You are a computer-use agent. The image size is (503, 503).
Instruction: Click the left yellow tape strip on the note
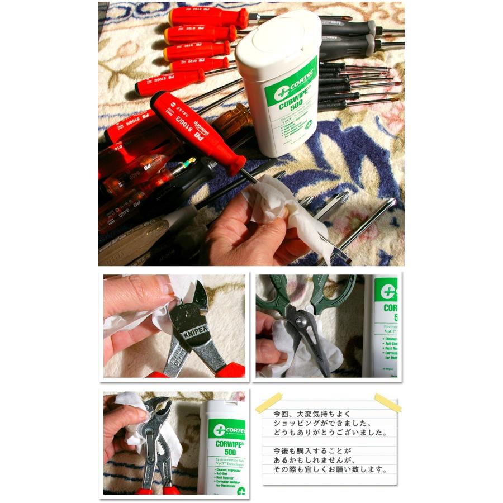point(268,403)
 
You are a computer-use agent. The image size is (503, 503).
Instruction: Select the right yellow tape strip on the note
point(387,402)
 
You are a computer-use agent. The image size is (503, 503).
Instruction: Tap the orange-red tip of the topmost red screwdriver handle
point(241,18)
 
